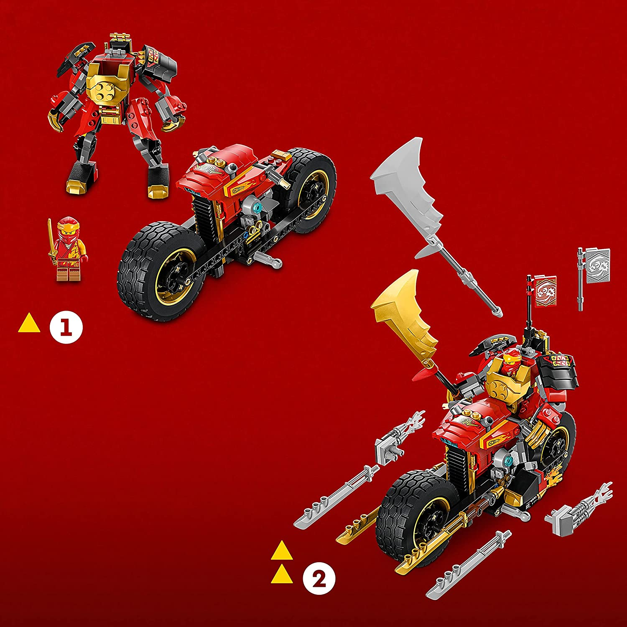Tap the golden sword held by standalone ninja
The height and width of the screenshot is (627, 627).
pos(51,242)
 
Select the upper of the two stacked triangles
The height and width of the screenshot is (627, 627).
pos(281,551)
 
